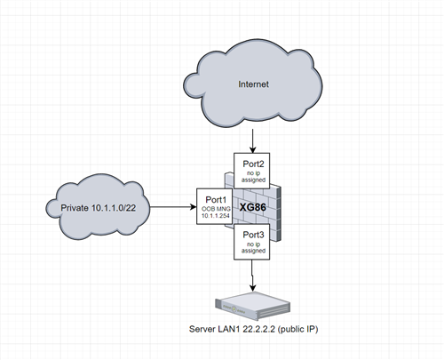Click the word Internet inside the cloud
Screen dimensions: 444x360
point(253,84)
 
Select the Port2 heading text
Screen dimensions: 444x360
point(253,164)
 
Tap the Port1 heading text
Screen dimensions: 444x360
point(216,200)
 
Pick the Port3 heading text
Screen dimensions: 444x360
point(253,235)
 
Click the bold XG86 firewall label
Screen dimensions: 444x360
point(252,207)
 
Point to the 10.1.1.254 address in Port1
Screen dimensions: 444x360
point(216,216)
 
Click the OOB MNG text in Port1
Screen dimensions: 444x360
point(216,209)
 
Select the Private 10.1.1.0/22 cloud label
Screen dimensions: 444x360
point(99,208)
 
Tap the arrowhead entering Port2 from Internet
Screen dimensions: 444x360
point(252,149)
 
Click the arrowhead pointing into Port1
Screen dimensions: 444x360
point(194,207)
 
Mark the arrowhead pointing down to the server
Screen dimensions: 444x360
point(252,287)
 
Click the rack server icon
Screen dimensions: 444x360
point(252,306)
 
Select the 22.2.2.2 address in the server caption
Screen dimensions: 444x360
point(259,329)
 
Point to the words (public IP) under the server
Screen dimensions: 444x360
point(297,330)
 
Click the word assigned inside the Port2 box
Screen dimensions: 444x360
point(253,180)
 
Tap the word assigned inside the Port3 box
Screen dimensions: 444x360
point(253,251)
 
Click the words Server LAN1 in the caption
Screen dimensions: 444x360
point(214,329)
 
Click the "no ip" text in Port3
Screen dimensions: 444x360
point(254,244)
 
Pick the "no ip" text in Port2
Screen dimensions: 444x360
point(254,173)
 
